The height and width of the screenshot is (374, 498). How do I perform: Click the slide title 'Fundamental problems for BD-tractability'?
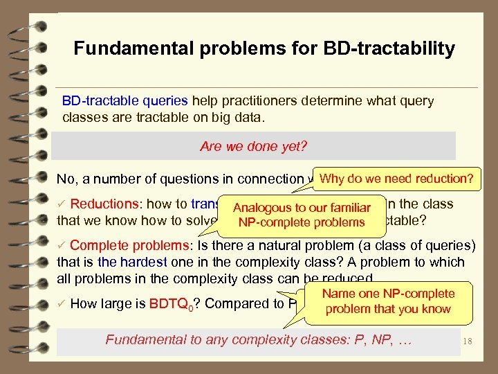264,49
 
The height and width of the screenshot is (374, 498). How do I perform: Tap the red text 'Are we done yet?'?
253,146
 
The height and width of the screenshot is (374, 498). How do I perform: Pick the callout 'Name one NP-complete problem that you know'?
388,301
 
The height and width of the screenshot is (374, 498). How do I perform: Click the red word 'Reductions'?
104,204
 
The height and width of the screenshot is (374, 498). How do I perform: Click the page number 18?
468,340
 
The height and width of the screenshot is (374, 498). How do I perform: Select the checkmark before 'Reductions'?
62,204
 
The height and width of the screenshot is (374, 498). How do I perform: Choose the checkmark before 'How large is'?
62,303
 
